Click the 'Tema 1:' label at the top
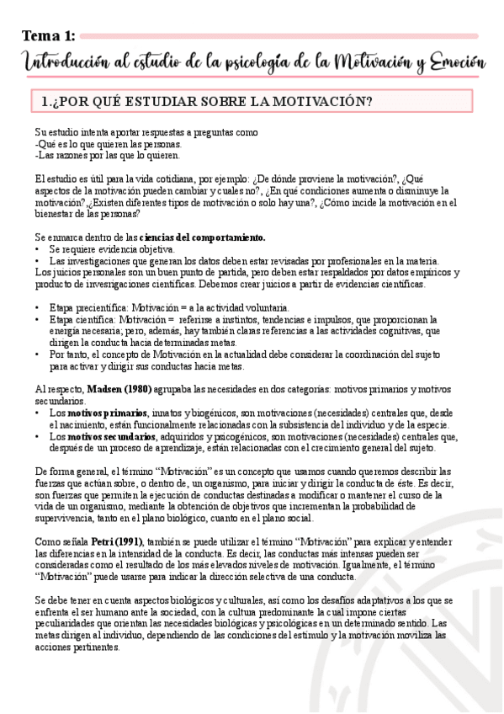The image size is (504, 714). coord(49,35)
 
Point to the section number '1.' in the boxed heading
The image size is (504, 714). coord(48,103)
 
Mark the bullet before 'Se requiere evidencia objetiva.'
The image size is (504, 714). coord(38,249)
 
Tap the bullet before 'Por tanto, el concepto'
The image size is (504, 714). coord(38,355)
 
